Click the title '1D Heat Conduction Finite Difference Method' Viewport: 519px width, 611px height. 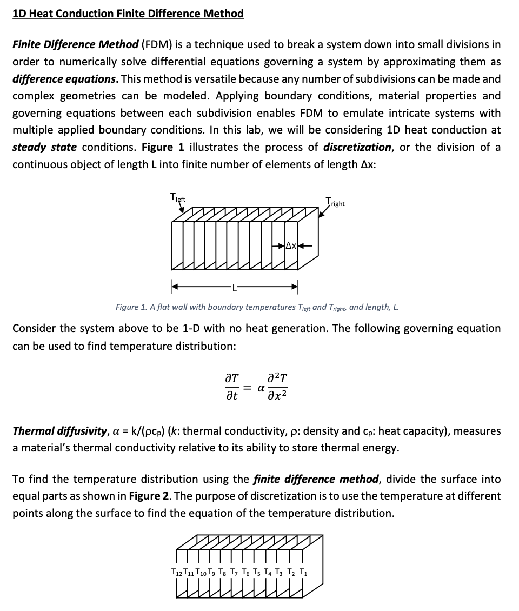(x=128, y=14)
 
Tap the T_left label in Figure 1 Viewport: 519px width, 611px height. (x=178, y=199)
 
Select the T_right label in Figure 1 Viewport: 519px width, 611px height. (x=335, y=203)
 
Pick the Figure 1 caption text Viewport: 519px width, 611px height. (x=257, y=307)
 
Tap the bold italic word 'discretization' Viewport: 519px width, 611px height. (x=357, y=147)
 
